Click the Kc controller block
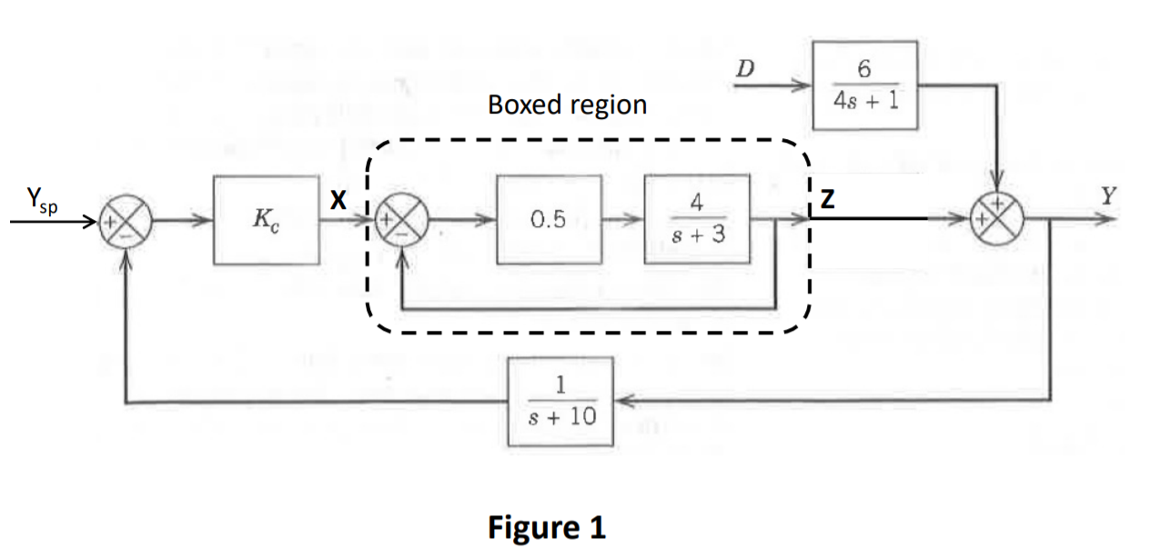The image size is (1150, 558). pyautogui.click(x=266, y=221)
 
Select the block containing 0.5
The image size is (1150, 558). pyautogui.click(x=550, y=220)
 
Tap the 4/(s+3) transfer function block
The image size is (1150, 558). pyautogui.click(x=697, y=219)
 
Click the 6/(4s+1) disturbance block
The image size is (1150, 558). pyautogui.click(x=865, y=86)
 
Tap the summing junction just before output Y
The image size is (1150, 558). pyautogui.click(x=999, y=220)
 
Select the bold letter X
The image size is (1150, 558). pyautogui.click(x=338, y=203)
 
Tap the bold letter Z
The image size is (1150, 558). pyautogui.click(x=826, y=203)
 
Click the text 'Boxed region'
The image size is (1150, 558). pyautogui.click(x=567, y=105)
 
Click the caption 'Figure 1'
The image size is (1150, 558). pyautogui.click(x=546, y=527)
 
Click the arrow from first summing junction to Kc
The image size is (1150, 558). pyautogui.click(x=182, y=221)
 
